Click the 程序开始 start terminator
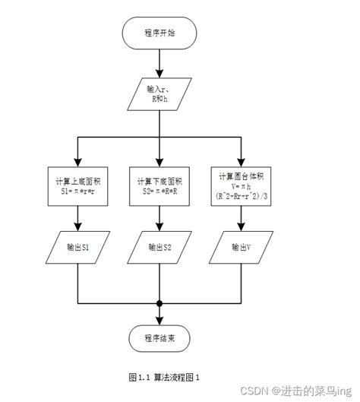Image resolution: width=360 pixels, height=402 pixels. pyautogui.click(x=159, y=33)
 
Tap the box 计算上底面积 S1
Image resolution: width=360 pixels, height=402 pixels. pyautogui.click(x=78, y=186)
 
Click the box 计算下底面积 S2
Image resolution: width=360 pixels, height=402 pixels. pyautogui.click(x=159, y=186)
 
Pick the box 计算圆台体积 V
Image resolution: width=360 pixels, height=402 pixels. pyautogui.click(x=240, y=186)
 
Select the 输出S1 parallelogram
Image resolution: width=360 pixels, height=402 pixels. pyautogui.click(x=78, y=247)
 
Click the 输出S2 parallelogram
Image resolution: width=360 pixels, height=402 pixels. pyautogui.click(x=159, y=247)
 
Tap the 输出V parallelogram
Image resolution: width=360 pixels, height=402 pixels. pyautogui.click(x=240, y=247)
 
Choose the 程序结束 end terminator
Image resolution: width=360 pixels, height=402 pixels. pyautogui.click(x=159, y=337)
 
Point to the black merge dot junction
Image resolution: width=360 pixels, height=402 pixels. pyautogui.click(x=159, y=303)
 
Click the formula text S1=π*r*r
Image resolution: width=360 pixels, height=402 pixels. pyautogui.click(x=78, y=192)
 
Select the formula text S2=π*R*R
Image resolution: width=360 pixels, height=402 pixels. pyautogui.click(x=159, y=192)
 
